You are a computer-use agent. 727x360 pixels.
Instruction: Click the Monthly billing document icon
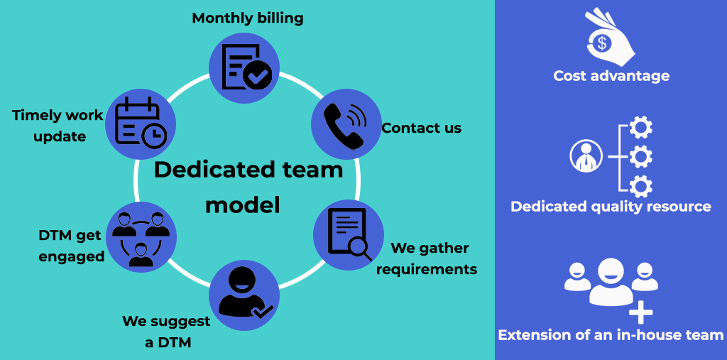coord(246,66)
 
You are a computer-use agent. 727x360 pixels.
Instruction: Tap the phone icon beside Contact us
coord(344,125)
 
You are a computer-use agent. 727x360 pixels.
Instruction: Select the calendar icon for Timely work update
coord(141,124)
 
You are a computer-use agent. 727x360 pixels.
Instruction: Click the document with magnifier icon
coord(349,234)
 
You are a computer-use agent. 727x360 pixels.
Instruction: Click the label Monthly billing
coord(248,18)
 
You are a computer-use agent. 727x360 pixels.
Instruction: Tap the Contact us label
coord(421,128)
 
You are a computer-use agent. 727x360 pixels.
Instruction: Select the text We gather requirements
coord(427,258)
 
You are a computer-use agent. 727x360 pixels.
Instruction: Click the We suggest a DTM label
coord(166,331)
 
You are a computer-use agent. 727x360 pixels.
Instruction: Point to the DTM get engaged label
coord(71,246)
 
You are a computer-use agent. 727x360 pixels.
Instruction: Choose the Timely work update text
coord(58,126)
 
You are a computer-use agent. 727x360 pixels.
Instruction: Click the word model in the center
coord(243,204)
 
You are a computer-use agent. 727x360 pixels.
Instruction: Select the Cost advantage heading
coord(611,75)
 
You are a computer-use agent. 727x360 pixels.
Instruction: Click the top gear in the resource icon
coord(641,126)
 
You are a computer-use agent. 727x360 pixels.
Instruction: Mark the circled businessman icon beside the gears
coord(586,156)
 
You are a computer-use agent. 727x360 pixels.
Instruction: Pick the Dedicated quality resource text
coord(611,207)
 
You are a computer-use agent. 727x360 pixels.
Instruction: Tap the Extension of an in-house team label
coord(611,335)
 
